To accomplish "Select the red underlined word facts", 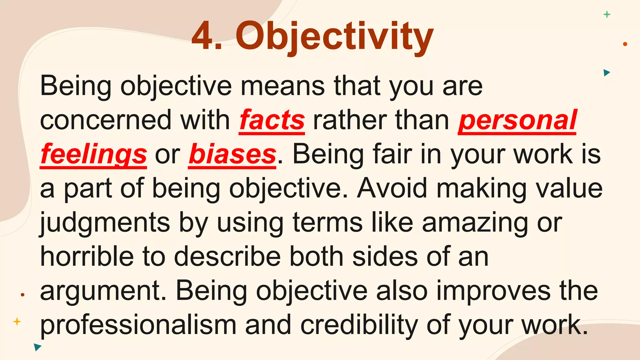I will [x=272, y=121].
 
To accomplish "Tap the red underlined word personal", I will [x=517, y=121].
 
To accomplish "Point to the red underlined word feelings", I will [x=93, y=155].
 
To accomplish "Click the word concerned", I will [x=106, y=121].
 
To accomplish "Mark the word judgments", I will [x=105, y=223].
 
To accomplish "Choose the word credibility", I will [x=359, y=325].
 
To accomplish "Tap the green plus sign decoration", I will [x=607, y=14].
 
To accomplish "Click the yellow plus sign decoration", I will [x=17, y=322].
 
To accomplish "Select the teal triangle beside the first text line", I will [x=607, y=73].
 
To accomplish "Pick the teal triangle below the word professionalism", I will [x=37, y=347].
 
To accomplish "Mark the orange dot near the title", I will [x=625, y=44].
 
